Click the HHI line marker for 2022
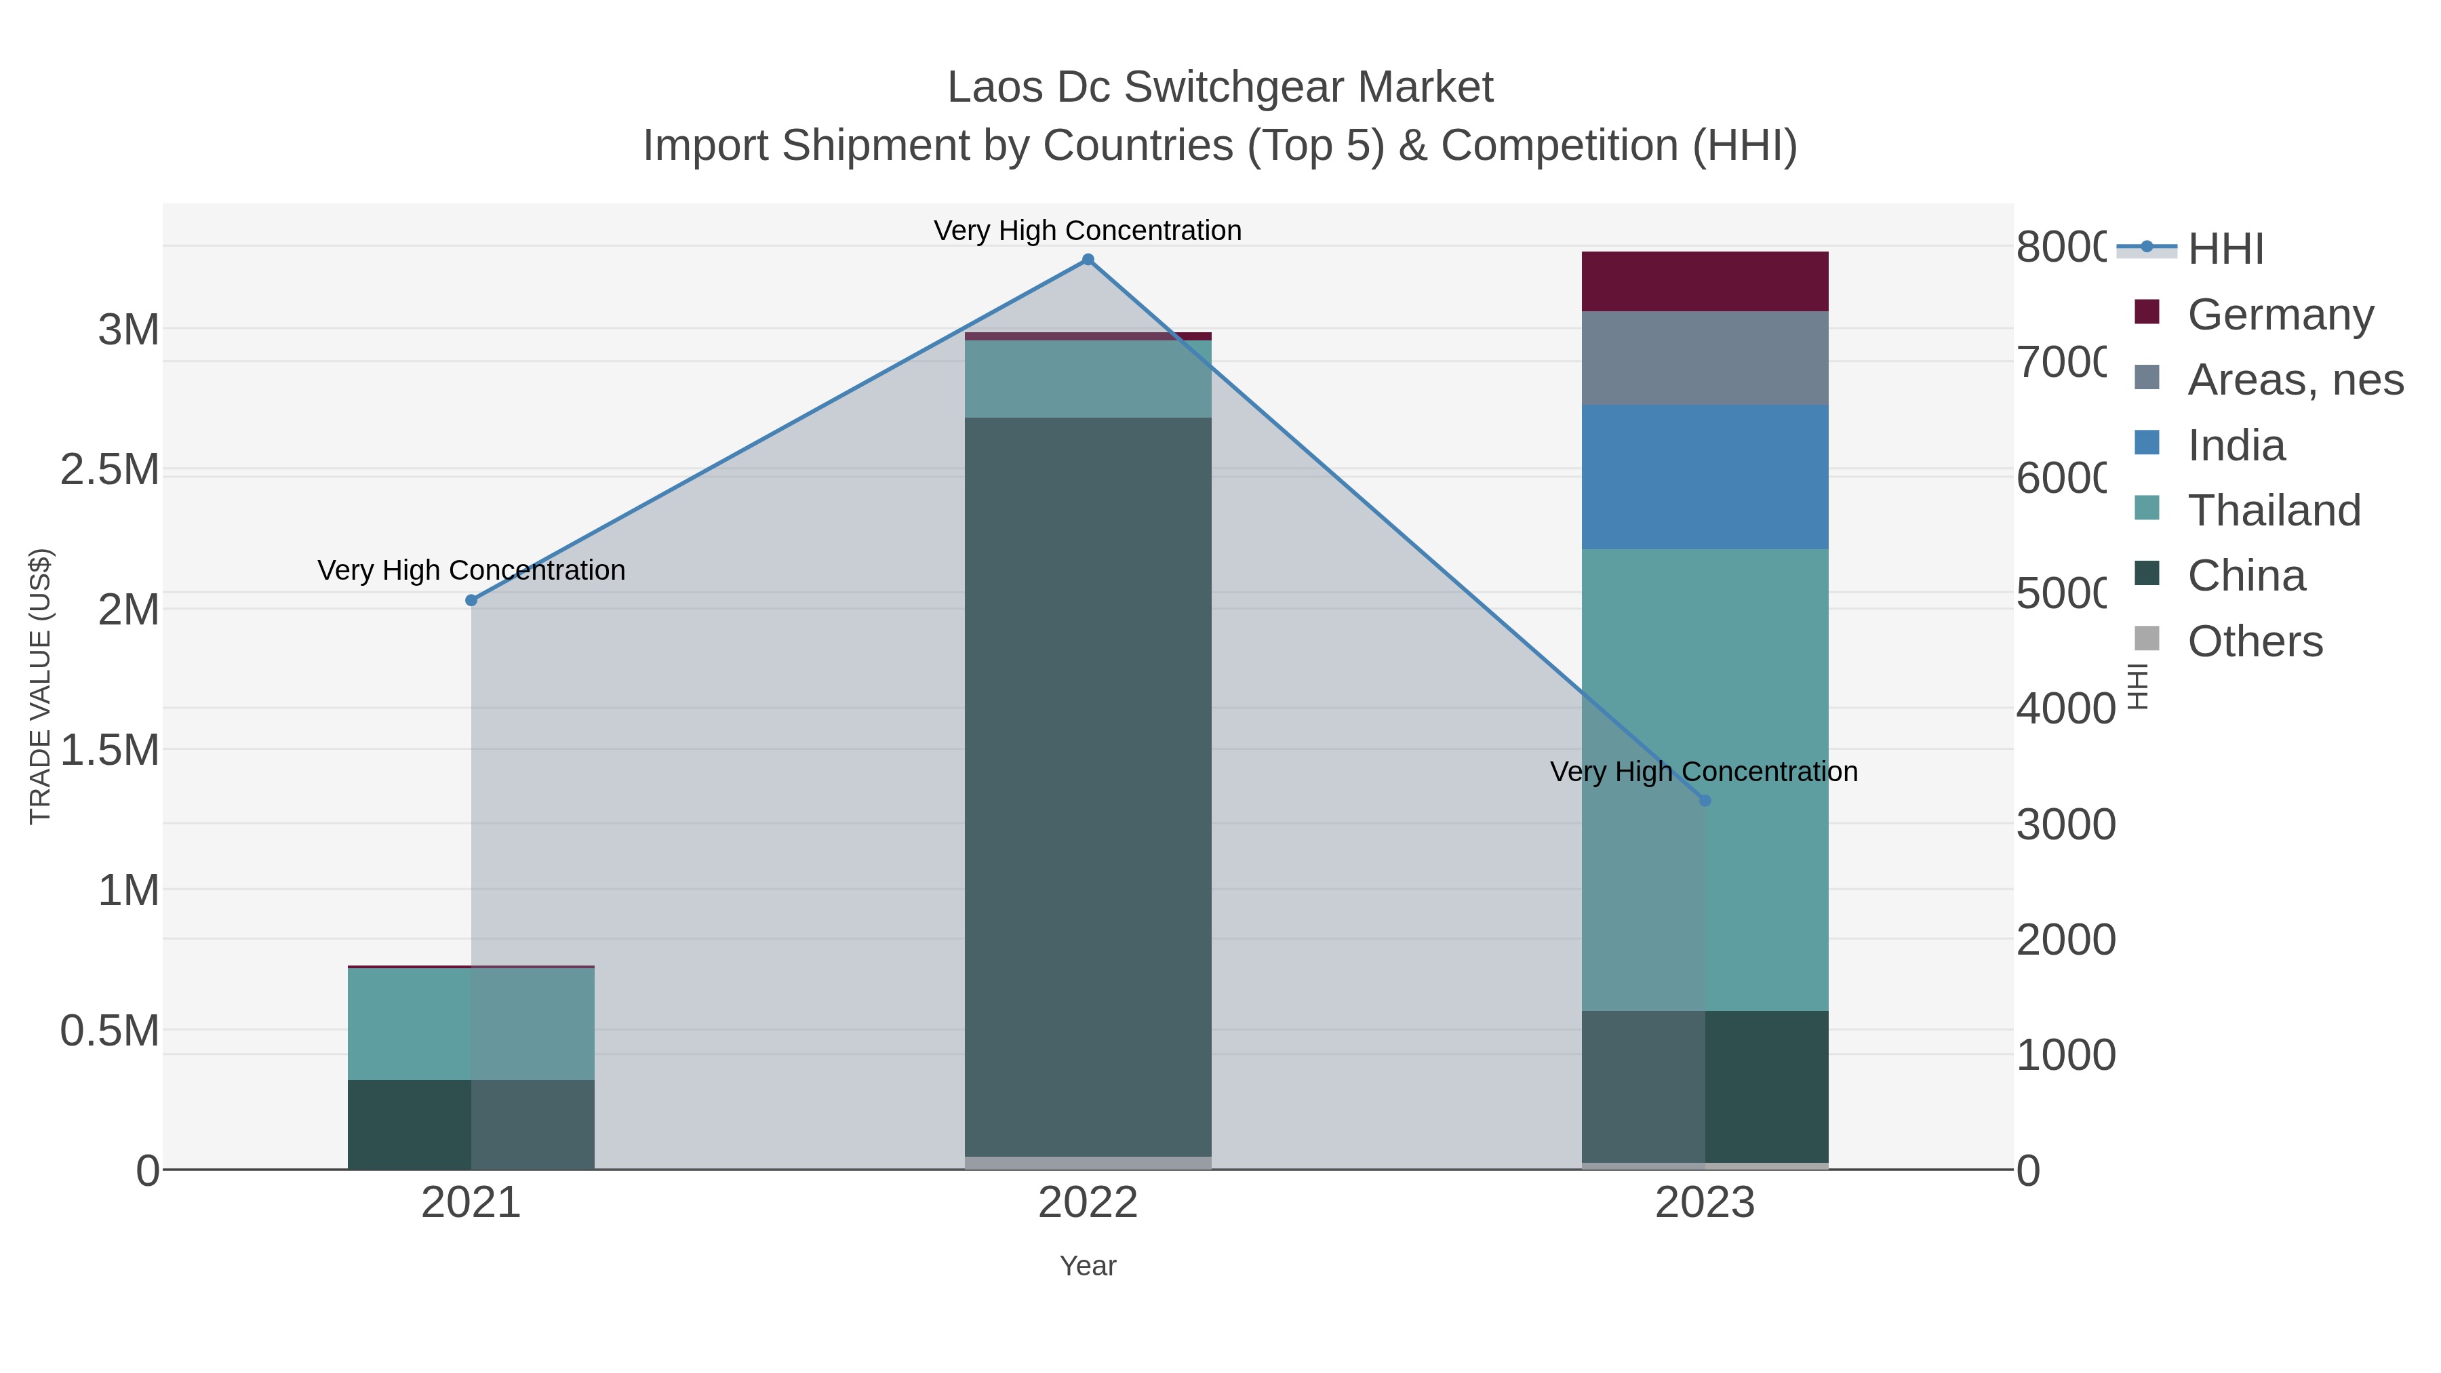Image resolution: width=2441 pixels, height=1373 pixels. click(x=1088, y=260)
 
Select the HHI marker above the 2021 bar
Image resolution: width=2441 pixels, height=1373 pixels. click(x=471, y=600)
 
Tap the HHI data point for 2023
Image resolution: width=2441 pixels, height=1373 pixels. click(x=1705, y=801)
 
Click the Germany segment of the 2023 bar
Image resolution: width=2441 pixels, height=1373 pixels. click(x=1705, y=281)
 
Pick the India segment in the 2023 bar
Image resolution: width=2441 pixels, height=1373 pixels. click(x=1705, y=477)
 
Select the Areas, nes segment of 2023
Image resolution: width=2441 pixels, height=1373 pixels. click(x=1705, y=358)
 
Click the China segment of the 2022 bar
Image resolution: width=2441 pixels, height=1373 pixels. click(x=1088, y=787)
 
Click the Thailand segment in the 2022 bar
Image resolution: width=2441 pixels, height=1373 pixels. click(x=1088, y=379)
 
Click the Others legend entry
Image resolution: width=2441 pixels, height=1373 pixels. click(x=2255, y=641)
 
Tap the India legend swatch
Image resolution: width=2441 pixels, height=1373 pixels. click(x=2146, y=443)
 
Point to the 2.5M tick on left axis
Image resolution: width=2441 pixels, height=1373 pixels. click(x=110, y=470)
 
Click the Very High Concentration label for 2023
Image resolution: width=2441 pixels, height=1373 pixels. click(x=1703, y=772)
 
